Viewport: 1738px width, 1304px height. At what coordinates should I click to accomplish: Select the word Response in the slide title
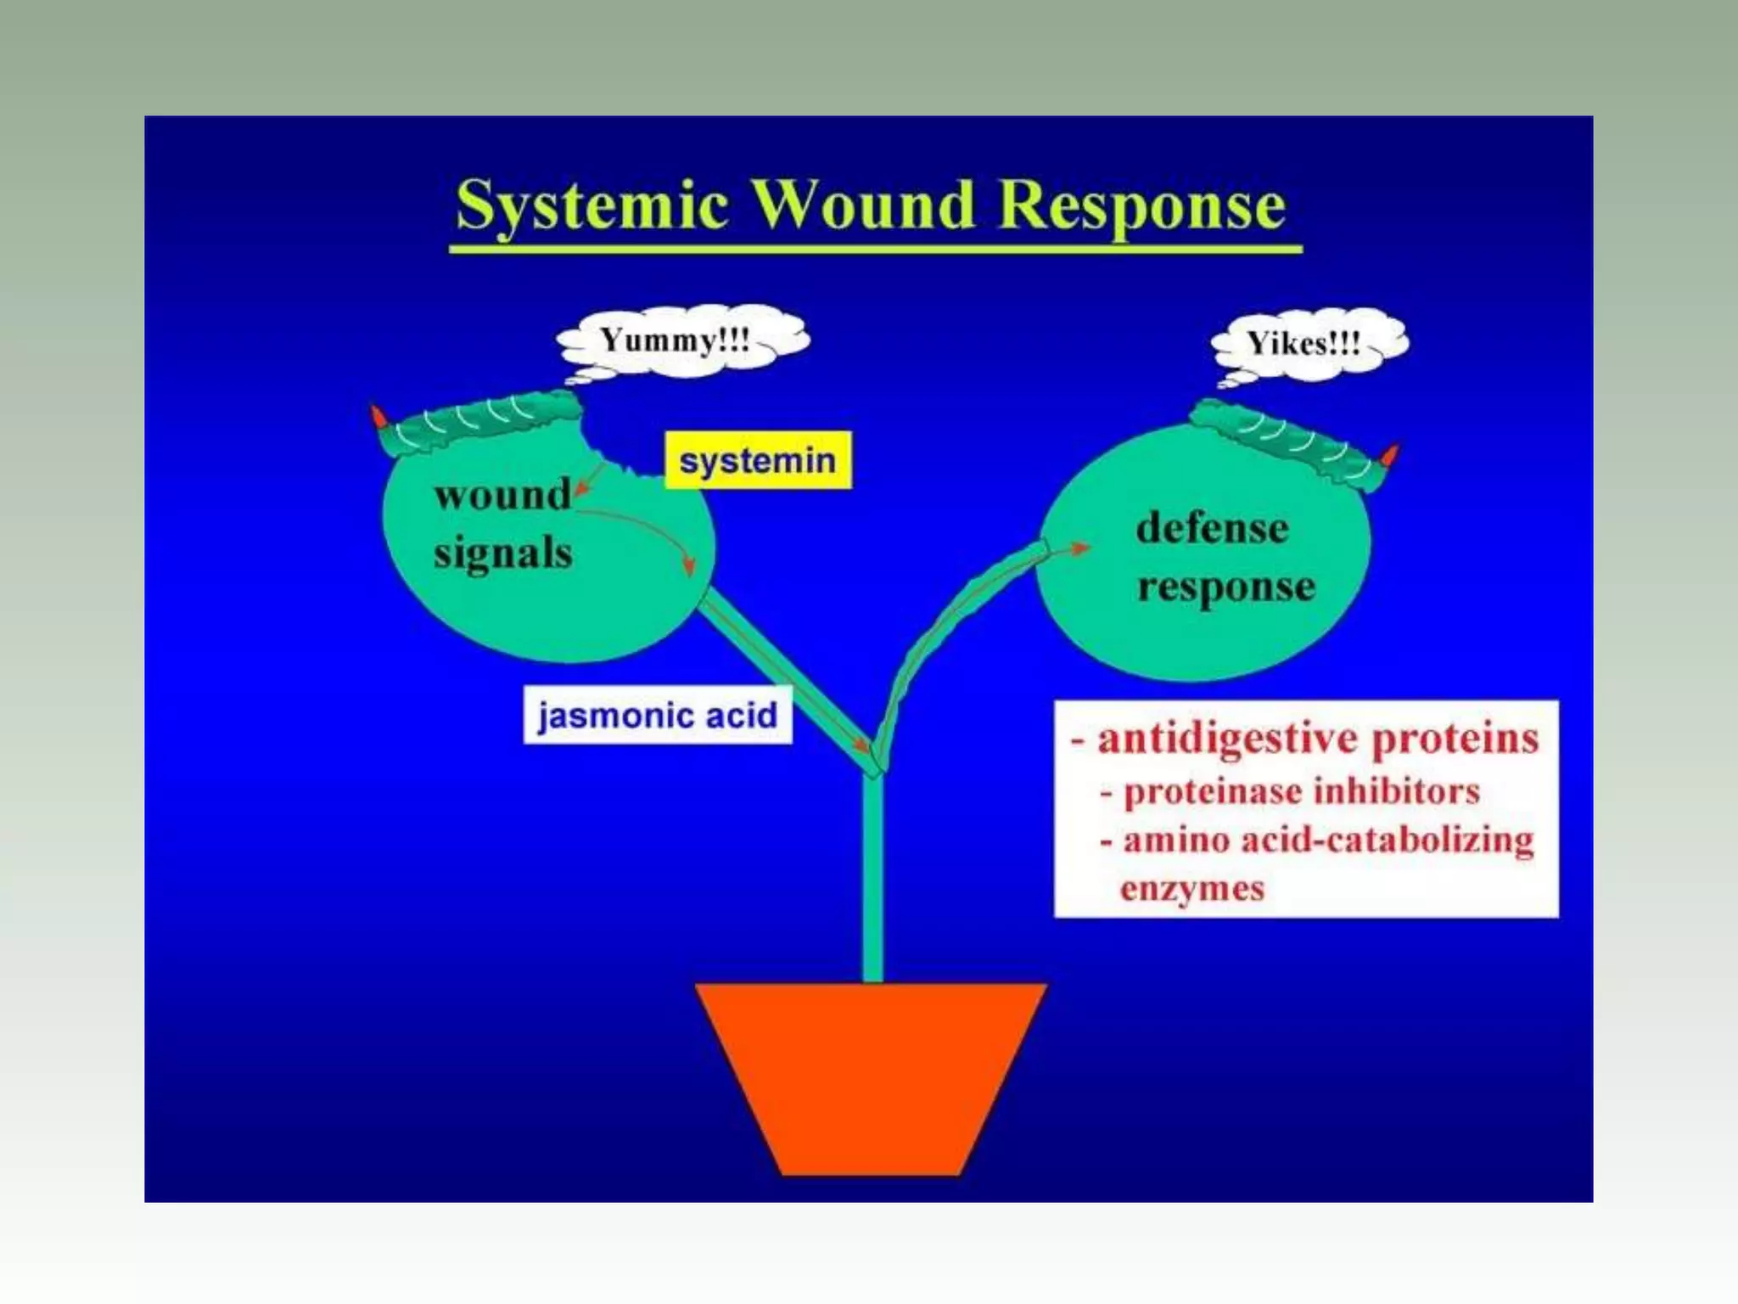[x=1141, y=206]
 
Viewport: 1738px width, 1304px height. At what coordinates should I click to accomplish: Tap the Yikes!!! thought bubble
[x=1305, y=344]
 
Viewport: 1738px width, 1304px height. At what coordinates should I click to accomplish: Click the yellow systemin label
[x=757, y=461]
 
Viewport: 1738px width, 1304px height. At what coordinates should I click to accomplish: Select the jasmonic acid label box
[x=658, y=715]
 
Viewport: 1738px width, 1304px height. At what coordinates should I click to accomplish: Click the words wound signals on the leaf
[x=503, y=524]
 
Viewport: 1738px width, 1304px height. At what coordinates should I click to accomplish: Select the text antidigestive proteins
[x=1317, y=739]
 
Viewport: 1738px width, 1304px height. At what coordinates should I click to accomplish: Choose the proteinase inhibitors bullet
[x=1300, y=792]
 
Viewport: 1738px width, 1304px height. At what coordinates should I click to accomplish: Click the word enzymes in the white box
[x=1191, y=889]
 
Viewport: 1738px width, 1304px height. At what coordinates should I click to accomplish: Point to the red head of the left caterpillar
[x=378, y=417]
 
